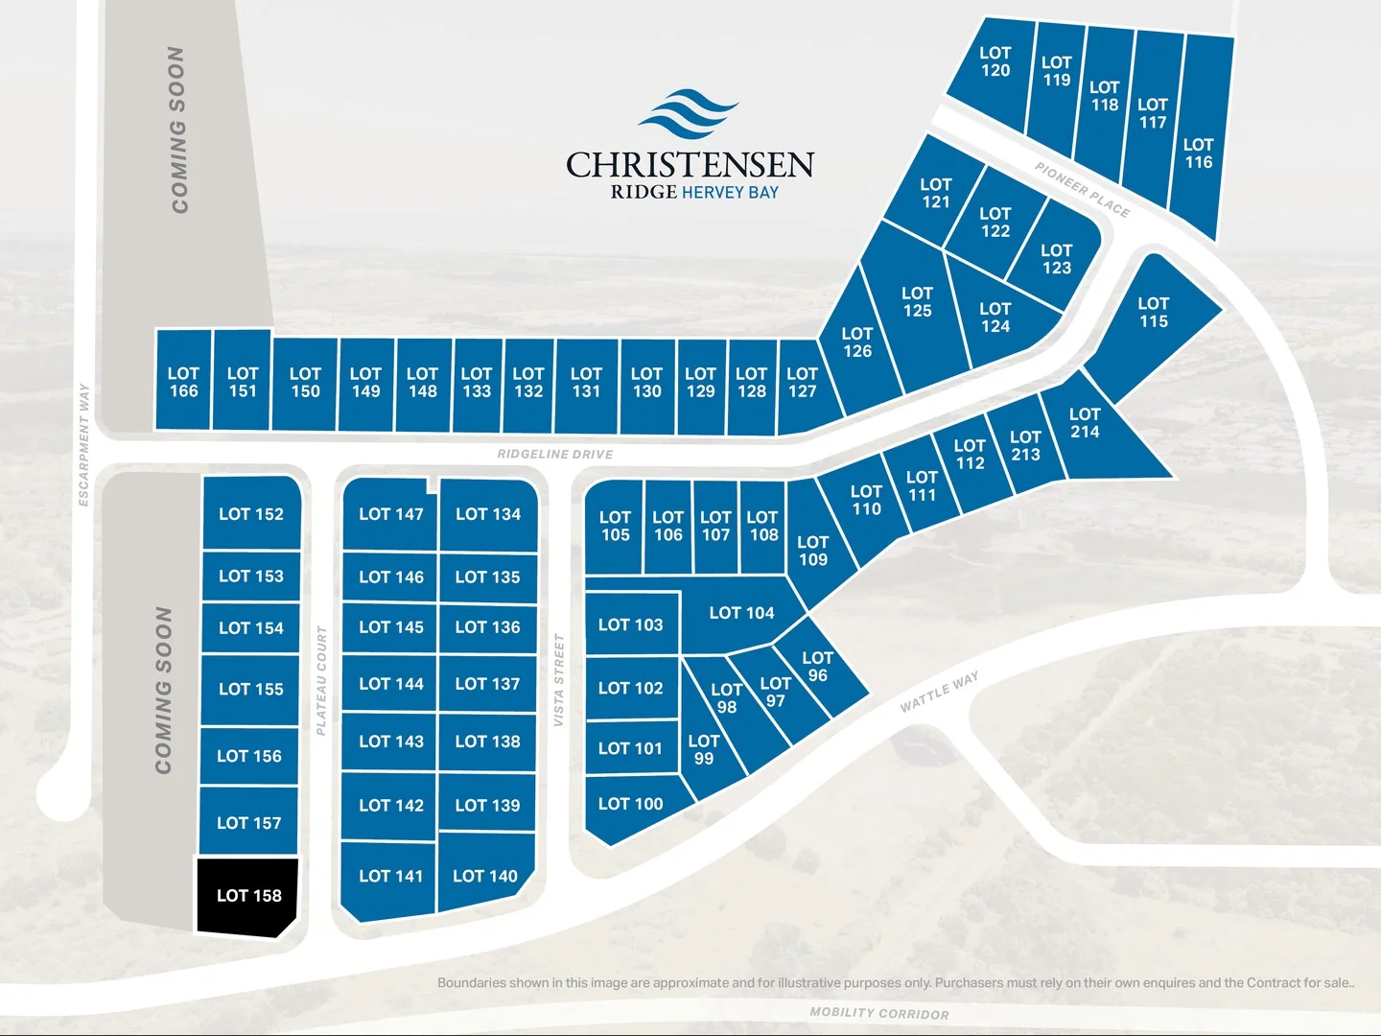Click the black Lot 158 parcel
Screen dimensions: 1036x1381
248,896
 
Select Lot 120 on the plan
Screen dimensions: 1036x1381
995,62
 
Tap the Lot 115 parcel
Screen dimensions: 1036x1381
1153,313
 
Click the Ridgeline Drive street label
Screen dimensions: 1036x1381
554,454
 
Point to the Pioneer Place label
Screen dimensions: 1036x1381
1082,189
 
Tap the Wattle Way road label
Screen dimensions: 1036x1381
939,692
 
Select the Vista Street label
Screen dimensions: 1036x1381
558,679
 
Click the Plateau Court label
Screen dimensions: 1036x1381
322,680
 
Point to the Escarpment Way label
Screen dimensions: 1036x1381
84,444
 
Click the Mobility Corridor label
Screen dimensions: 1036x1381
878,1013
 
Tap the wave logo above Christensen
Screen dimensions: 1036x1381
688,114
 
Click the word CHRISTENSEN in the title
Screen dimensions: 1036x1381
690,165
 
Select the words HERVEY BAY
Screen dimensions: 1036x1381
730,193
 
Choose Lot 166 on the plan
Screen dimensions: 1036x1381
183,382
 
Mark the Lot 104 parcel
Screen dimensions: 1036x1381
740,613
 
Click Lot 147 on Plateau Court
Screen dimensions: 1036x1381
390,515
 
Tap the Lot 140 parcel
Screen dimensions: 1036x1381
485,876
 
